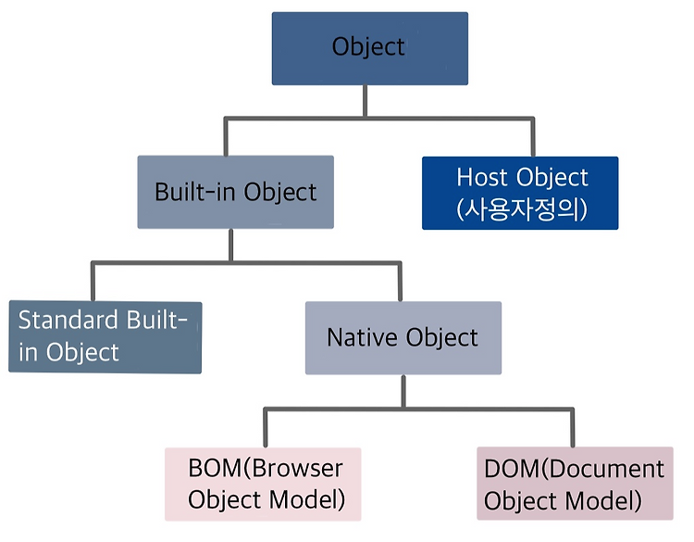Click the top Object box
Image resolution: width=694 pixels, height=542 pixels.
click(369, 48)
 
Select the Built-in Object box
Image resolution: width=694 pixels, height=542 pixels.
click(235, 192)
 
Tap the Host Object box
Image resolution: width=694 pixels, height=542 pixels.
click(520, 193)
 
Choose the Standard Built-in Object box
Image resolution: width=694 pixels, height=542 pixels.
click(105, 337)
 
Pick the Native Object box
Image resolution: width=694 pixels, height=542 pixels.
click(403, 337)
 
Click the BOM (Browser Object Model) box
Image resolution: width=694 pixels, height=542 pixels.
click(263, 484)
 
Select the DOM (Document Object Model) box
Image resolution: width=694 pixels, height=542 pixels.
click(575, 483)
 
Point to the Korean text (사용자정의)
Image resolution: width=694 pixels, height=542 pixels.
click(522, 209)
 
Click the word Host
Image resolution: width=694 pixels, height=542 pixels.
click(482, 177)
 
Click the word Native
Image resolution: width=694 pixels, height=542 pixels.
click(362, 337)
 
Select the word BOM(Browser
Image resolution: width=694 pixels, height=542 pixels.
click(266, 468)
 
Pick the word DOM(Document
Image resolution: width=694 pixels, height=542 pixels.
click(574, 469)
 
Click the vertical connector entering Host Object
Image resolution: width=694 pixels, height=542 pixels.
click(532, 137)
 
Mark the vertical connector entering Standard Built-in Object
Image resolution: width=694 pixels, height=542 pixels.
click(93, 282)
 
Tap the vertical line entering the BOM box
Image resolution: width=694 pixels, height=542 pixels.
click(266, 428)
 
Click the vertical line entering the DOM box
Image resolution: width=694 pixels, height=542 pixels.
click(572, 428)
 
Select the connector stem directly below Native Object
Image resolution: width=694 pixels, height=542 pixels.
click(403, 391)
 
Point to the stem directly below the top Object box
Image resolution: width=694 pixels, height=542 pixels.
click(366, 102)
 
